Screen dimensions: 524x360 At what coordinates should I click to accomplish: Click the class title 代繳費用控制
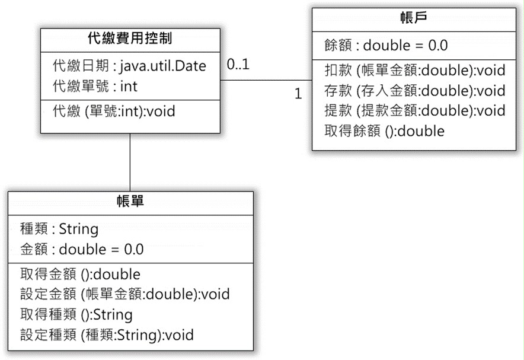130,39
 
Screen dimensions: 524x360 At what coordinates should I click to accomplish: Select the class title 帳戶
414,17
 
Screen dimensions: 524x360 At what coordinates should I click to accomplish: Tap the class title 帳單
130,201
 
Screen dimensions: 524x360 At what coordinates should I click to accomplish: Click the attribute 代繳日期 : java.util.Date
129,65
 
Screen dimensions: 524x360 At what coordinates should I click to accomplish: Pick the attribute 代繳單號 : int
95,86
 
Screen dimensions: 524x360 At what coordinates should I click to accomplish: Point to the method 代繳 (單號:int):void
114,111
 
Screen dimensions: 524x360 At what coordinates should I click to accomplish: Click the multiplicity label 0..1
238,64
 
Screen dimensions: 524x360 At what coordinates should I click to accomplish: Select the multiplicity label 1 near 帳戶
298,94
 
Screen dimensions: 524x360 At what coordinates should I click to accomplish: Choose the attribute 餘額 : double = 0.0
386,46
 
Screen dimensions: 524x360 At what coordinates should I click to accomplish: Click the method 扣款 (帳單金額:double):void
415,71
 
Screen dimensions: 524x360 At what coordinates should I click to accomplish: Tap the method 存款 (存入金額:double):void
415,91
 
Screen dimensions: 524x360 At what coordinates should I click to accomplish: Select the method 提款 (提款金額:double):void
415,111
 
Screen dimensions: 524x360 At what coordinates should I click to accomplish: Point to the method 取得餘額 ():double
384,131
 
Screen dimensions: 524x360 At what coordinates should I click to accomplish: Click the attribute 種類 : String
59,229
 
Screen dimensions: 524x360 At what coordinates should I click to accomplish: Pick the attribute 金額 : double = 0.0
82,249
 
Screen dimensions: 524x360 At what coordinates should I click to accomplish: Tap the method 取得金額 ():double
80,275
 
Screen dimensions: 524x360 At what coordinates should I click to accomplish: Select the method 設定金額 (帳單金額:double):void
125,294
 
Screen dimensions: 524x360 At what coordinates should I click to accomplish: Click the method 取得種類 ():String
76,314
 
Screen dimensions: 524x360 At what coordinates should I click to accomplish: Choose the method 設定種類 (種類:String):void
107,335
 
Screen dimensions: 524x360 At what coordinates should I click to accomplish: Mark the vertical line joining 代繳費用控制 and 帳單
130,163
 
